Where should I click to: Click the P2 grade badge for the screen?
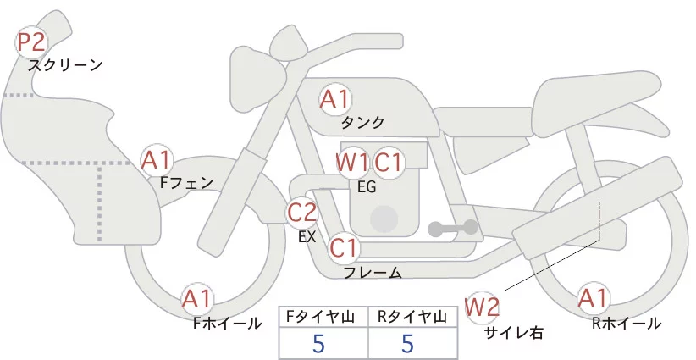tap(32, 42)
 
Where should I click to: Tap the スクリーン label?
tap(65, 64)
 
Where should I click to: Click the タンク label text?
tap(362, 122)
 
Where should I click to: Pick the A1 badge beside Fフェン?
tap(157, 159)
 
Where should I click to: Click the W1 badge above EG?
tap(351, 162)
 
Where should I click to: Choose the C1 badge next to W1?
tap(389, 162)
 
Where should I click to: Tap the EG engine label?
tap(367, 186)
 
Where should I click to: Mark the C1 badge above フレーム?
tap(345, 248)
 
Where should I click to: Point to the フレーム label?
tap(373, 272)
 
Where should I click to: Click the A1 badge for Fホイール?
tap(197, 298)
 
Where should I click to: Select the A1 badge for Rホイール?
tap(593, 298)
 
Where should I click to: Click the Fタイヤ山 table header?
tap(323, 317)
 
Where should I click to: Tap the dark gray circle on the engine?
tap(384, 219)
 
